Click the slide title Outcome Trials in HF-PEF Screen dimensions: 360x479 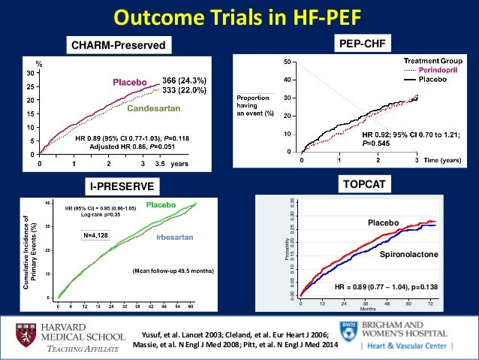(x=239, y=17)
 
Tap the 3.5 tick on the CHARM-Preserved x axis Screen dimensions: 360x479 (x=158, y=162)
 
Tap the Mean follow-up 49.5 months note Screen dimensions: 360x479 (x=173, y=270)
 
